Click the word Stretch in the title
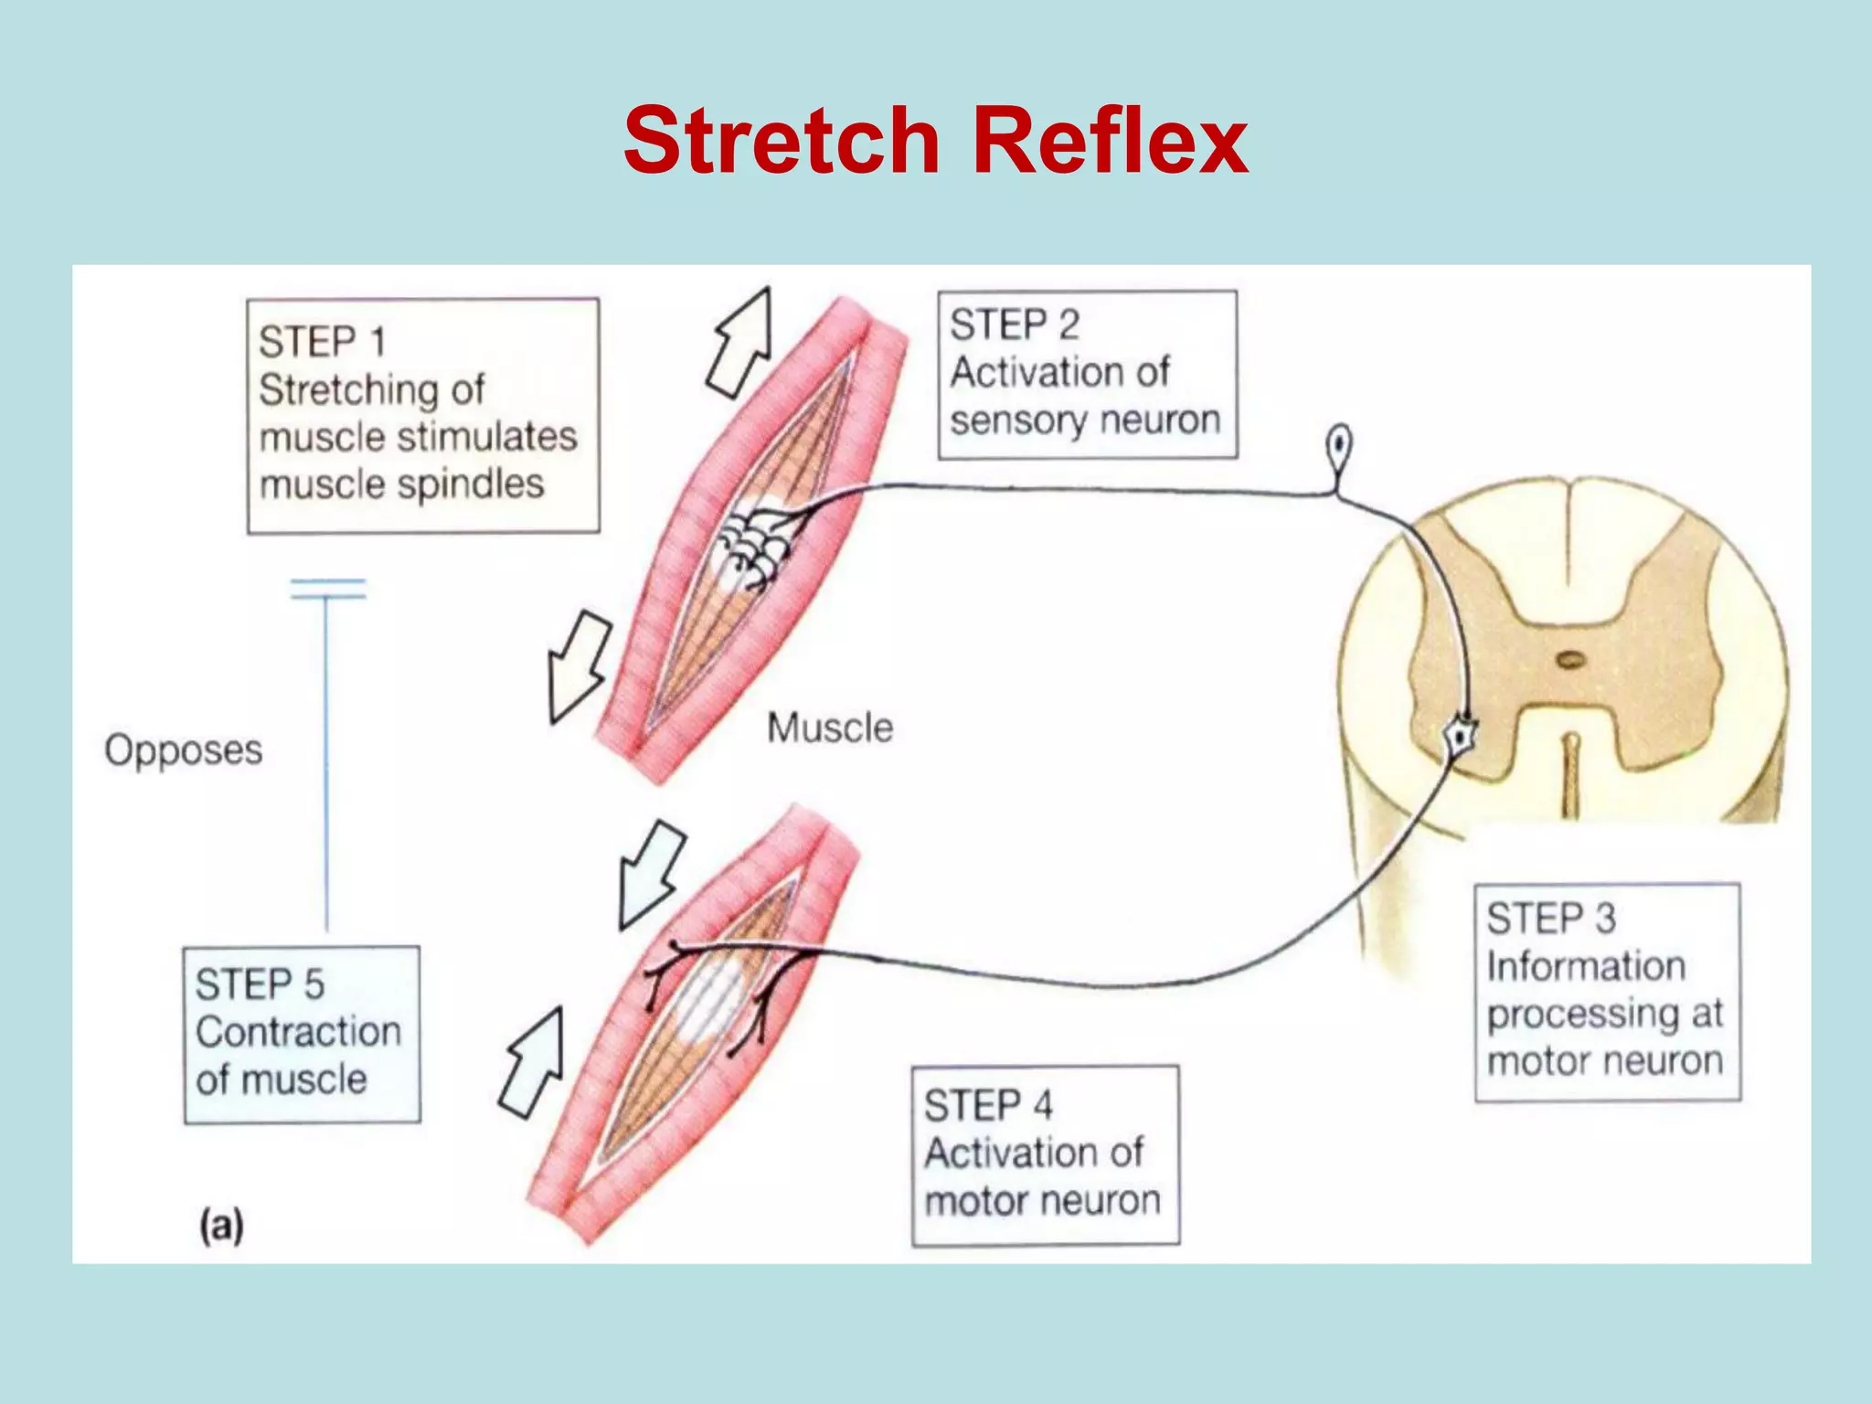(782, 142)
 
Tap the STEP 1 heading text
(322, 342)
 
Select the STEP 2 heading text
(1015, 324)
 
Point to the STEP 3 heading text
(1551, 919)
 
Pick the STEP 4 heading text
(988, 1106)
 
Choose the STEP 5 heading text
(260, 984)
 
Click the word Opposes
(183, 750)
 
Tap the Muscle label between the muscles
(830, 728)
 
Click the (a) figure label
(222, 1225)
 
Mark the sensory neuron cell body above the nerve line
(1339, 447)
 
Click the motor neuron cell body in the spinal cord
(1462, 734)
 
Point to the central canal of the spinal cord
(1570, 659)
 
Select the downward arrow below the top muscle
(578, 667)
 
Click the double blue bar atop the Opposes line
(327, 590)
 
